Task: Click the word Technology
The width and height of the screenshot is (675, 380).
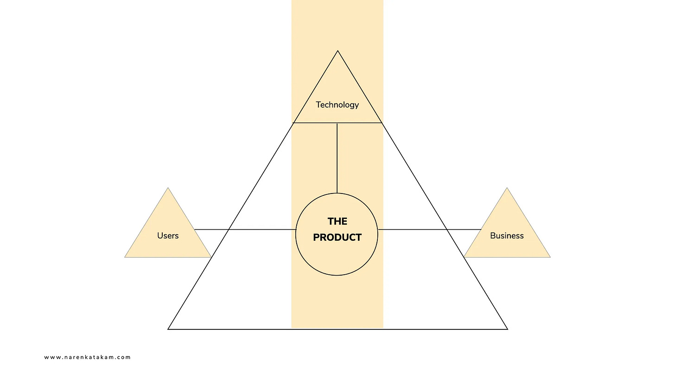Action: [x=337, y=105]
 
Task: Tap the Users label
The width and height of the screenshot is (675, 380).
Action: [x=168, y=236]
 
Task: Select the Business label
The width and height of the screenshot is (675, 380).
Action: [x=507, y=236]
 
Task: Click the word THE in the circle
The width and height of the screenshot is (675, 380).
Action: [x=337, y=221]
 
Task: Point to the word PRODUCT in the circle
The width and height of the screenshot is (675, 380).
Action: [x=337, y=238]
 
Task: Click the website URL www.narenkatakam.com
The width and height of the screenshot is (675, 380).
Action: [x=88, y=357]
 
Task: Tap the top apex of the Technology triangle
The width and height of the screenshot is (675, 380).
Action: [x=337, y=51]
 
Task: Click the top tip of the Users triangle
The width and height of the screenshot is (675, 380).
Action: [x=168, y=188]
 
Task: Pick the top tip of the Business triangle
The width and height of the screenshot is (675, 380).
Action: [x=507, y=188]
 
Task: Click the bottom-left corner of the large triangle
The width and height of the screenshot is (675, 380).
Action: [x=168, y=329]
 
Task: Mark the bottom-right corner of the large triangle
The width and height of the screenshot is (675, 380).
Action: [x=507, y=329]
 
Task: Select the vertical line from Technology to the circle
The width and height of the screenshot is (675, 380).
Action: [x=337, y=158]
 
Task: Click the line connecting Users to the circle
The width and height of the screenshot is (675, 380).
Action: [x=246, y=229]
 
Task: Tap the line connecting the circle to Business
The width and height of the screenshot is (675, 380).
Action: [x=429, y=229]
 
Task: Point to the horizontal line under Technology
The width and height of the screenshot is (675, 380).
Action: [x=315, y=123]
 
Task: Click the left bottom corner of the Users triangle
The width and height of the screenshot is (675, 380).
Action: [x=125, y=257]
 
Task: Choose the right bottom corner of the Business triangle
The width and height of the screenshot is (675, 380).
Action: [x=550, y=257]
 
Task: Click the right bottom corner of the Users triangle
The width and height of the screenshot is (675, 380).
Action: [x=211, y=257]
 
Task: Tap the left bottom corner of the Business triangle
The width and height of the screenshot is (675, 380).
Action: [x=464, y=257]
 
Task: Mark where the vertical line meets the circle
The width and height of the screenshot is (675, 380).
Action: [x=337, y=193]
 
